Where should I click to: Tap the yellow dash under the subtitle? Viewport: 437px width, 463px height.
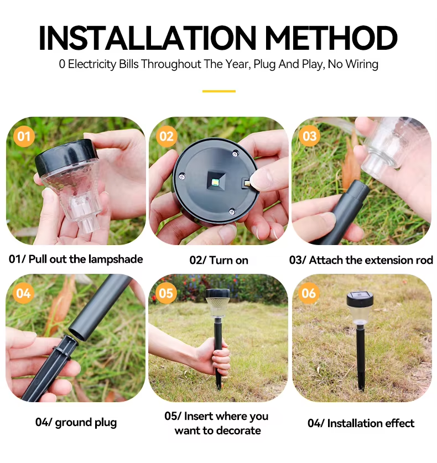[218, 91]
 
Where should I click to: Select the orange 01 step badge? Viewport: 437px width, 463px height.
[24, 136]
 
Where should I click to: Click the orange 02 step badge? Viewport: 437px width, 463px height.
[167, 136]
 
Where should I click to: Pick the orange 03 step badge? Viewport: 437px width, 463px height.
[309, 136]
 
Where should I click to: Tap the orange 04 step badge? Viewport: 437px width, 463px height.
[24, 293]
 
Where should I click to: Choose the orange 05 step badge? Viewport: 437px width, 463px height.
[167, 293]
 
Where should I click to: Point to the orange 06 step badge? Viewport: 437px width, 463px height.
[309, 293]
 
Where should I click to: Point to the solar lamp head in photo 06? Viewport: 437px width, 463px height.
[360, 307]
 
